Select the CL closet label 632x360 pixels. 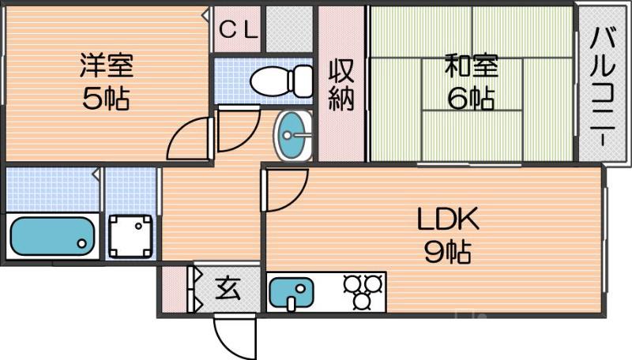click(237, 30)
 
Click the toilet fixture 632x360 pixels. click(280, 80)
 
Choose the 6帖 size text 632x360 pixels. click(471, 99)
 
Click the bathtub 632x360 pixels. click(52, 234)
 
